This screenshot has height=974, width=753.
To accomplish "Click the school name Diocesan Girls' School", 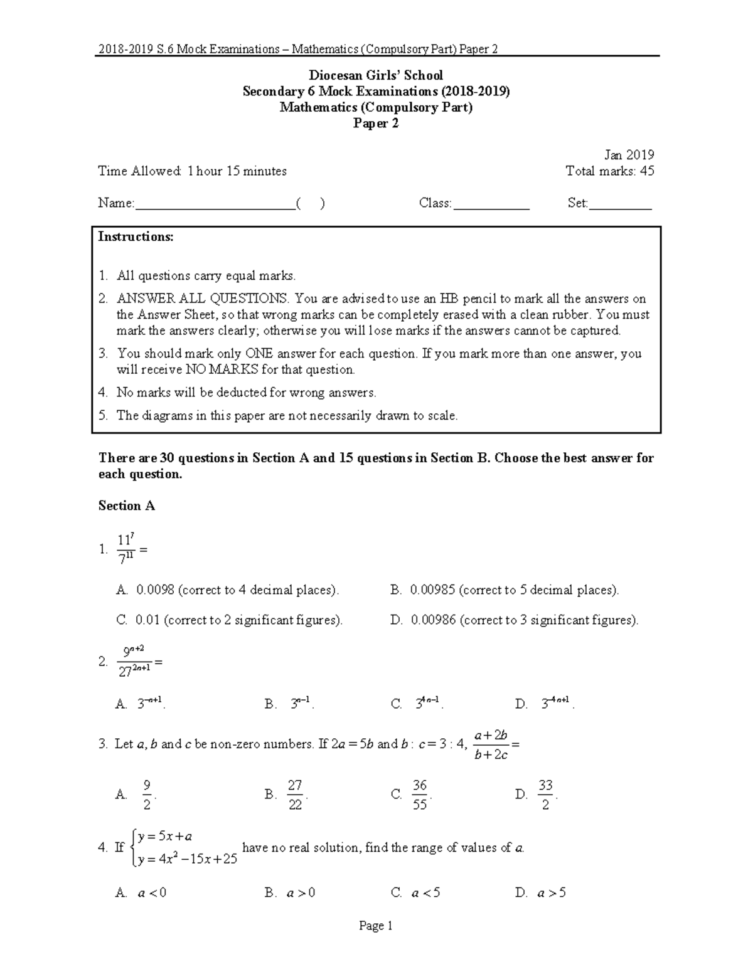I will (376, 75).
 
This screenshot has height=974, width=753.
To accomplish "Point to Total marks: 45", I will (609, 171).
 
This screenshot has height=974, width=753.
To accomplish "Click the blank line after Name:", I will (214, 204).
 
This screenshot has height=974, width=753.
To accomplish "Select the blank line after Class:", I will (491, 204).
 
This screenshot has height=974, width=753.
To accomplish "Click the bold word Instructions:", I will (136, 237).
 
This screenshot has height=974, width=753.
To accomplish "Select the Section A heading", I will (126, 506).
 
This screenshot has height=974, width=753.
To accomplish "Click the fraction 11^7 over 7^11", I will (126, 549).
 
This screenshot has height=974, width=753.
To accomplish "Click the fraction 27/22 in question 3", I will (295, 795).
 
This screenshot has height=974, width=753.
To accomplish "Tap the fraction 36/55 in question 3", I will (420, 795).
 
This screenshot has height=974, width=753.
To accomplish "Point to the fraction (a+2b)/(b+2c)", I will (491, 744).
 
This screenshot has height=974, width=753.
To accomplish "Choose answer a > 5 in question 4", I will (551, 893).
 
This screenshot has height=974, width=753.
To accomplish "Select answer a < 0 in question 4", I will (151, 893).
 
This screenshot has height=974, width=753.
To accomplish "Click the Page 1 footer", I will (375, 926).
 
